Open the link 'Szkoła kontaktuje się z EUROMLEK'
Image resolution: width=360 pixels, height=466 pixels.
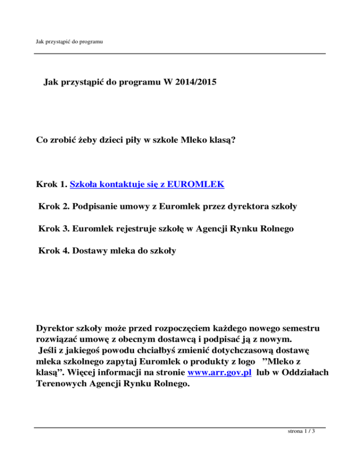coord(147,185)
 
